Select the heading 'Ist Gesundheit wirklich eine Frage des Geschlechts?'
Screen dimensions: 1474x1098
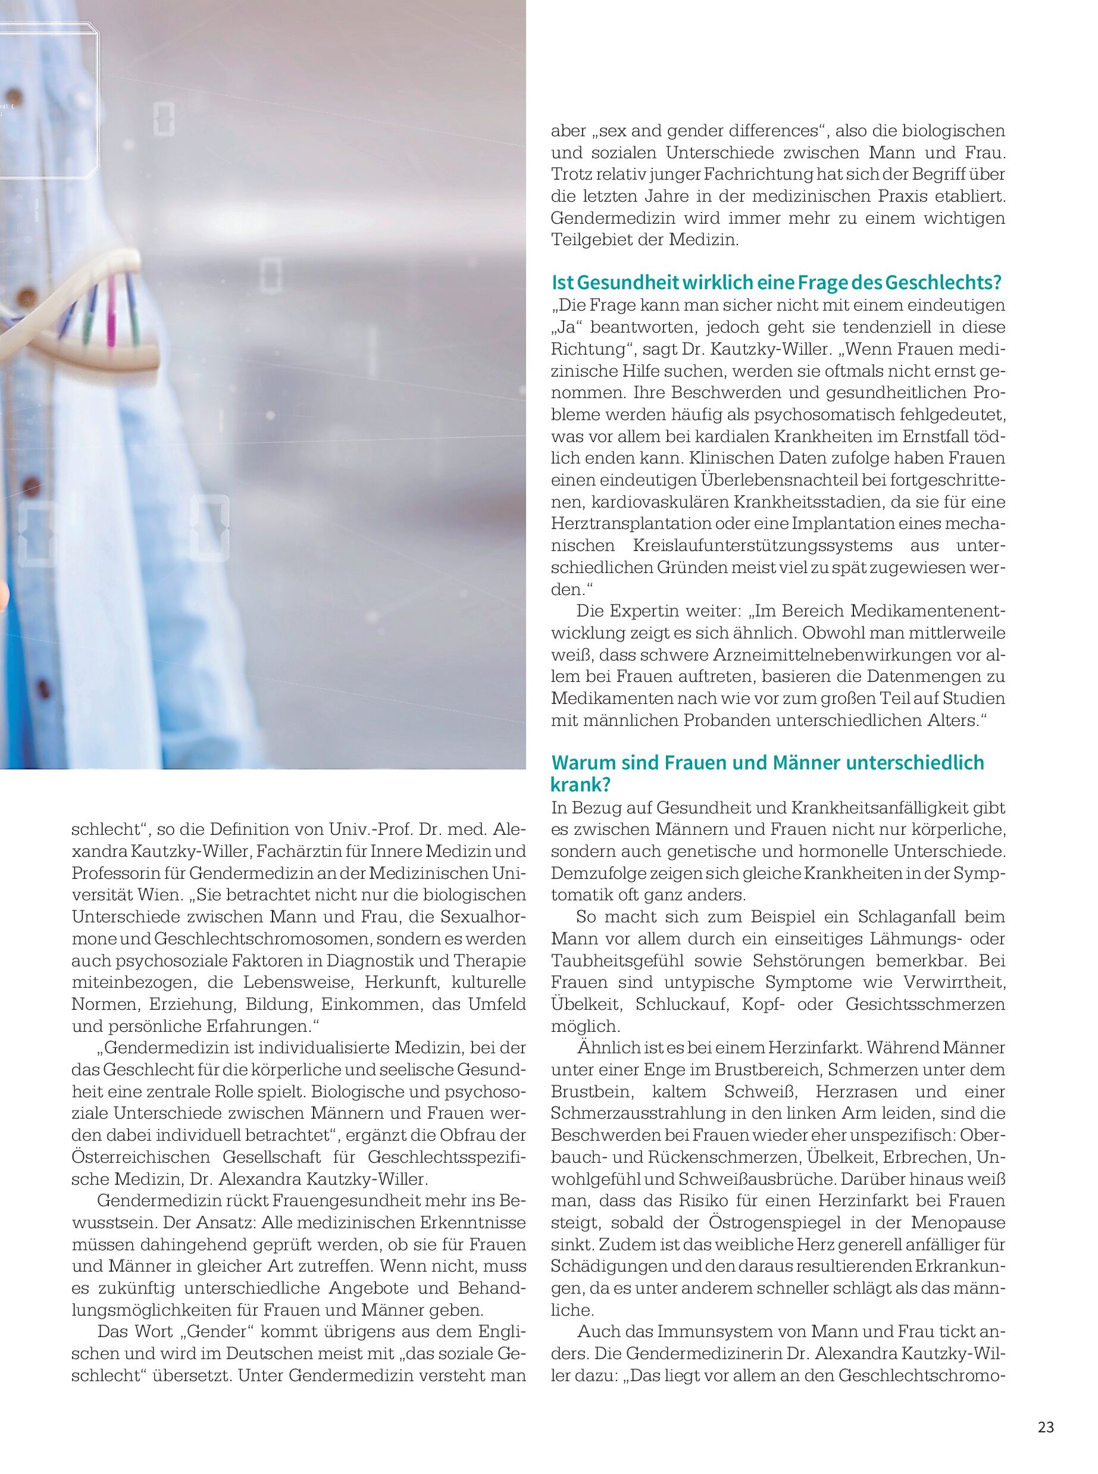click(x=776, y=283)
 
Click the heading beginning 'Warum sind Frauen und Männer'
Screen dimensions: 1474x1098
click(x=767, y=773)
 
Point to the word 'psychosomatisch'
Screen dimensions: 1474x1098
click(x=824, y=415)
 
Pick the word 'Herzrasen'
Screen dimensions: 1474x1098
click(x=855, y=1092)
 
